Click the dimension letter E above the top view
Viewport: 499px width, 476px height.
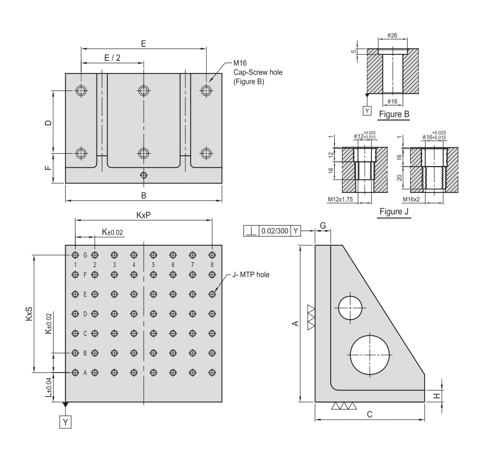[144, 43]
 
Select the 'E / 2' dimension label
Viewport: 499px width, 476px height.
[112, 58]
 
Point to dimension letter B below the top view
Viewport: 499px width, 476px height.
[144, 195]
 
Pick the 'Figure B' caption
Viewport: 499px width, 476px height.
[394, 114]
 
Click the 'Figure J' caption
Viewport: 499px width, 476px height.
[394, 212]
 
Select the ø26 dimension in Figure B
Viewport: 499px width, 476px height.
[392, 36]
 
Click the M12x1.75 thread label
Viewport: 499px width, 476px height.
[339, 199]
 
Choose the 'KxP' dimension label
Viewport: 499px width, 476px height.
[144, 215]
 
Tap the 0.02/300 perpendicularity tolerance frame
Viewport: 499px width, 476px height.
[272, 231]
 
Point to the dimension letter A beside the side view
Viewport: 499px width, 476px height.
[295, 323]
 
